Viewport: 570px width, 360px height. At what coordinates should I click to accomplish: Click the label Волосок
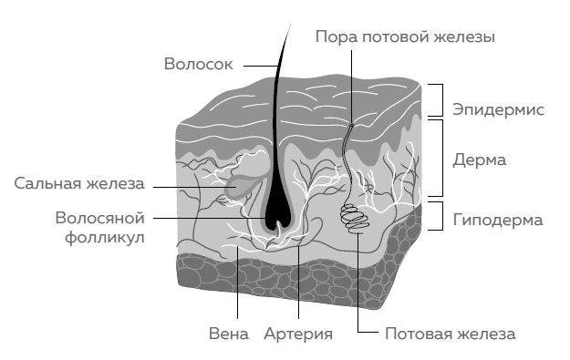click(198, 65)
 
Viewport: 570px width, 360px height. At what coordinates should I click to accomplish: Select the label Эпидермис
click(498, 110)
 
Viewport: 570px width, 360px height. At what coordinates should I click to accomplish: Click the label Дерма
click(480, 159)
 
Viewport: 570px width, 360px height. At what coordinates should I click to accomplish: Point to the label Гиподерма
click(498, 220)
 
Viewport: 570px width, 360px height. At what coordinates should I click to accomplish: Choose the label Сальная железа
click(79, 183)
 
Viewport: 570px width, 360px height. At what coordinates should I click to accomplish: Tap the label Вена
click(228, 334)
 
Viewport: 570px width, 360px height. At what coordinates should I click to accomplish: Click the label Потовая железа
click(450, 334)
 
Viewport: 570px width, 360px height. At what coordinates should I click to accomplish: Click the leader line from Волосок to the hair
click(255, 66)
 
